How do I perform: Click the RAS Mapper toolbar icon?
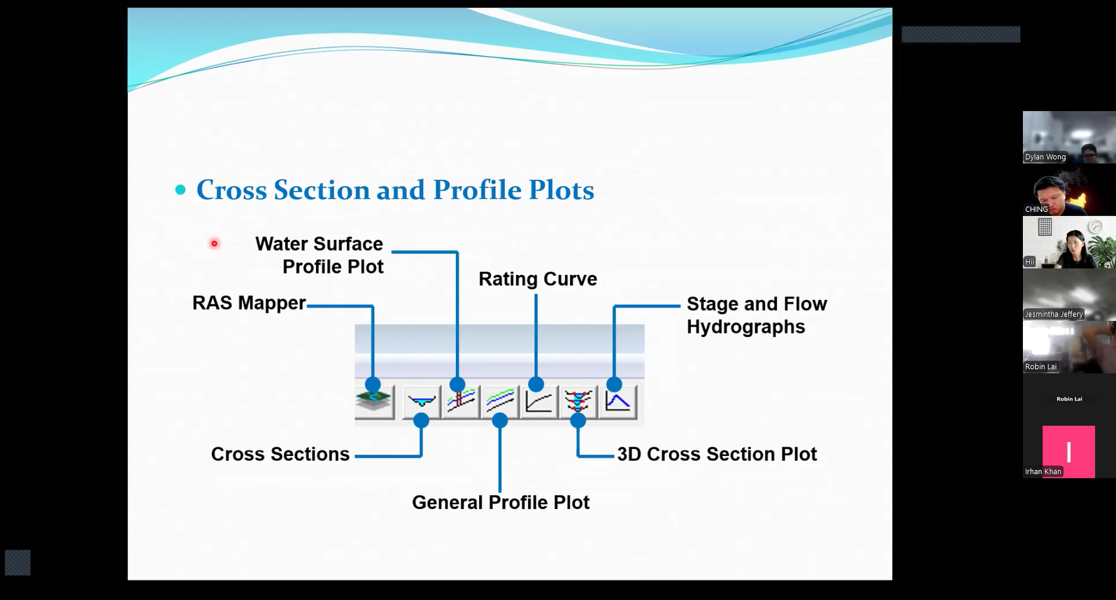click(x=375, y=401)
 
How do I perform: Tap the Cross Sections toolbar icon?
click(x=422, y=401)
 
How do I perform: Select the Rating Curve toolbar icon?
click(x=538, y=401)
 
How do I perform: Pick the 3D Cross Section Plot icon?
click(x=578, y=401)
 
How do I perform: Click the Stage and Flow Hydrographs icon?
click(x=618, y=401)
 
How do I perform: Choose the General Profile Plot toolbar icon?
click(x=500, y=401)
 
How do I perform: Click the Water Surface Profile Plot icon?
click(x=461, y=401)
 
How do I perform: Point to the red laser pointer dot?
click(x=214, y=243)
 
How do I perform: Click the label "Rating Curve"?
click(x=538, y=279)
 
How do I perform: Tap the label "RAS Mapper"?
click(x=249, y=303)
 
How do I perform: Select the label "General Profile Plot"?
click(x=501, y=502)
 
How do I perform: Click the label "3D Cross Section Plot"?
click(x=717, y=454)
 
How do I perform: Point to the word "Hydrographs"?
click(x=746, y=327)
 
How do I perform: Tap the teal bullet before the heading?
click(x=180, y=190)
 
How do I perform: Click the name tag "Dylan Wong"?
click(x=1045, y=157)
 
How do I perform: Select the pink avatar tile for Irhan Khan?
click(x=1068, y=452)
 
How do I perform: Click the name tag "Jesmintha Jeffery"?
click(x=1054, y=315)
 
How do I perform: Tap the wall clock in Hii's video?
click(x=1095, y=227)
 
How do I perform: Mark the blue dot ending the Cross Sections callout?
click(x=422, y=420)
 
